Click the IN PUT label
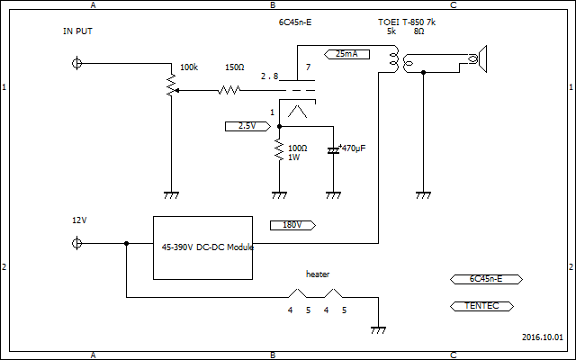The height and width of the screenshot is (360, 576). click(x=77, y=31)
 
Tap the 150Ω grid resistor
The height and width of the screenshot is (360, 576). click(x=229, y=90)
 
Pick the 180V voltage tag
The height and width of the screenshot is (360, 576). click(x=292, y=225)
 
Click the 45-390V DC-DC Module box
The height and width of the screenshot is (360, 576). click(x=202, y=247)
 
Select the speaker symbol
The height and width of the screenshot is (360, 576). click(x=479, y=61)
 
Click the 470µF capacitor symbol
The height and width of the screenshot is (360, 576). click(x=334, y=149)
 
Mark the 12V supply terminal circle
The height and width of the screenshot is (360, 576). click(x=77, y=243)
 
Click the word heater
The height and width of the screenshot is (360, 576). click(x=318, y=273)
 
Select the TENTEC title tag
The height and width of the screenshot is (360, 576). click(x=481, y=306)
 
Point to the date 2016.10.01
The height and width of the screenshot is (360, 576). click(x=542, y=337)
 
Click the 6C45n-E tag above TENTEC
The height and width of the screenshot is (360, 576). click(x=481, y=279)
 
